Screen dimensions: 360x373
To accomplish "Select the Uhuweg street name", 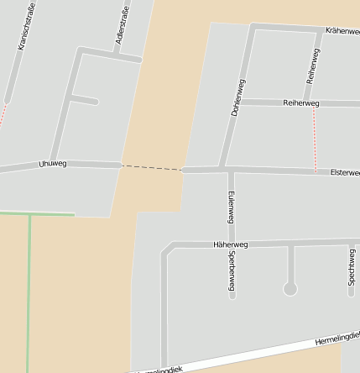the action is (x=52, y=164).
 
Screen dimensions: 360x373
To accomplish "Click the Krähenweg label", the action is (x=342, y=30).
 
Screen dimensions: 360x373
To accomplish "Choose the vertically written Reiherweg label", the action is (x=313, y=66).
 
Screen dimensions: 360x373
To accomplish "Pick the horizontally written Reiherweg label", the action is (x=301, y=103).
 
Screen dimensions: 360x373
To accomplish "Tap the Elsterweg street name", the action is (x=344, y=172).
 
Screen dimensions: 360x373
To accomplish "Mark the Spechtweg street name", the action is (x=352, y=267).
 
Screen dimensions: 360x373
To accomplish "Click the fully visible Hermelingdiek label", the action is (x=337, y=339).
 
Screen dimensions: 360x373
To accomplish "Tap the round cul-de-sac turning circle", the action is (x=290, y=289).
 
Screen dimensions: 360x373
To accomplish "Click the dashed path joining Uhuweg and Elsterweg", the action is (x=152, y=168).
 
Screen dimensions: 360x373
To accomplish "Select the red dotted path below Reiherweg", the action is (x=316, y=139).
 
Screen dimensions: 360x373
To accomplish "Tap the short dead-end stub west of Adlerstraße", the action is (x=84, y=101).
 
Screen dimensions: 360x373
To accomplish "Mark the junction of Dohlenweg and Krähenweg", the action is (x=252, y=28).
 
